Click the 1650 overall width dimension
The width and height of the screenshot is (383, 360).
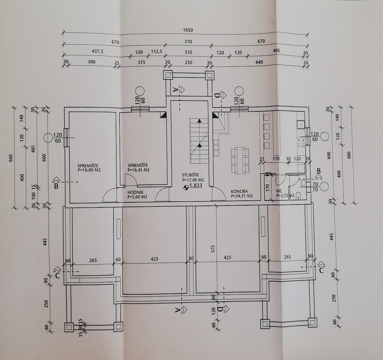click(188, 30)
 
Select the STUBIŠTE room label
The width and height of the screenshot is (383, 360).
click(191, 175)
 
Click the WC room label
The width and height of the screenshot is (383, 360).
click(279, 192)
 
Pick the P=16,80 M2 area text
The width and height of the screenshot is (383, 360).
click(89, 170)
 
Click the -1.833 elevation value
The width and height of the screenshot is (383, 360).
click(195, 185)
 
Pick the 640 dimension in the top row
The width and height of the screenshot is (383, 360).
click(259, 62)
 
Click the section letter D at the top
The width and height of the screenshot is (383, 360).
click(217, 95)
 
